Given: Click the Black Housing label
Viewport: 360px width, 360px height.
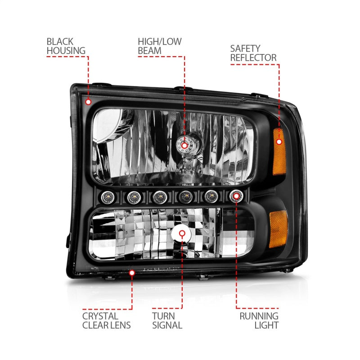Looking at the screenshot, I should tap(66, 46).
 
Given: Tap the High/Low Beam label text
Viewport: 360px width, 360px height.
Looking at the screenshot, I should tap(159, 46).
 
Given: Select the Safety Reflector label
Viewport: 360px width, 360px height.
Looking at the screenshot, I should tap(253, 53).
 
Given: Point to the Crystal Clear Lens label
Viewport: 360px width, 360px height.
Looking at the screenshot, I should tap(106, 320).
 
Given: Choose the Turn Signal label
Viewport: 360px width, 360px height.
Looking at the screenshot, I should tap(167, 320).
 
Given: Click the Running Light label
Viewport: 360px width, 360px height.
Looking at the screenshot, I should tap(259, 320).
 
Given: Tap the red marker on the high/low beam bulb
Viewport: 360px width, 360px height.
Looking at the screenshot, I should tap(184, 144).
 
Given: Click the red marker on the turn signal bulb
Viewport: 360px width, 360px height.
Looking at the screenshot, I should tap(182, 234).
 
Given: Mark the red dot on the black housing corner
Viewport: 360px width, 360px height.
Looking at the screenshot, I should tap(88, 102).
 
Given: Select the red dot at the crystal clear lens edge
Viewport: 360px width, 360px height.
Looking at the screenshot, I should tap(132, 272).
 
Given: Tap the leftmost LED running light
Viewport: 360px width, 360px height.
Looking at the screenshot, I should tap(107, 197).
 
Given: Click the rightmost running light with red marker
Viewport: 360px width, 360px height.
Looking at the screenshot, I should tap(236, 196).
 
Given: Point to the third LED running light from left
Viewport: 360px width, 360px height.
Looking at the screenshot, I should tap(158, 196).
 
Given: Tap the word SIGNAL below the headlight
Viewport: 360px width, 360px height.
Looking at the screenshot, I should tap(167, 325).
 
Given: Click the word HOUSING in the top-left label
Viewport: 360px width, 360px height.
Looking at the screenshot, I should tap(66, 51).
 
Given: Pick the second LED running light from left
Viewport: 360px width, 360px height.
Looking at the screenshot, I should tap(132, 196).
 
